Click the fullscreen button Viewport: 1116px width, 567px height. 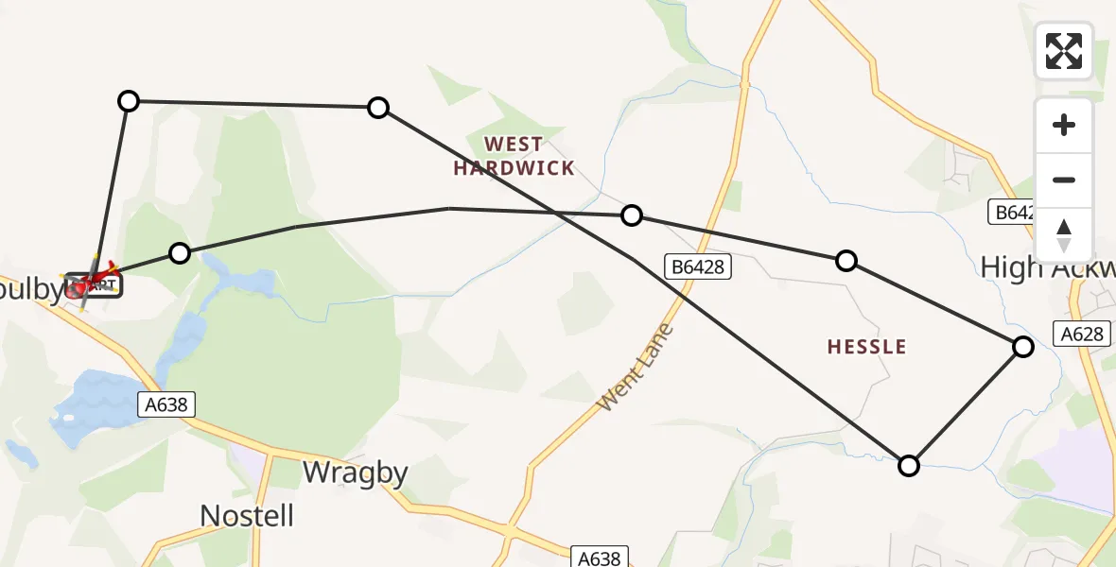click(1064, 51)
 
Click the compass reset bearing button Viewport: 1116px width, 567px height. click(1064, 235)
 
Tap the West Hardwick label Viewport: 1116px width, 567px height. click(514, 157)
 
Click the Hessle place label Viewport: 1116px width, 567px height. click(866, 347)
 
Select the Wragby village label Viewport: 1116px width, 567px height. click(355, 472)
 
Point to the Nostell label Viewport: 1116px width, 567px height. click(247, 515)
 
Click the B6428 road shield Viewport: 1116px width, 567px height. click(698, 266)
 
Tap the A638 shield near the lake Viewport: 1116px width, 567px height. click(167, 404)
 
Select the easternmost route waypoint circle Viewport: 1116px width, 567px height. click(1022, 347)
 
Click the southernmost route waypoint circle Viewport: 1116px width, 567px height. click(908, 465)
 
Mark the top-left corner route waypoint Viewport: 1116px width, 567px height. click(129, 100)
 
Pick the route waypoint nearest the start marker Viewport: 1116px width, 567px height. click(179, 252)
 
